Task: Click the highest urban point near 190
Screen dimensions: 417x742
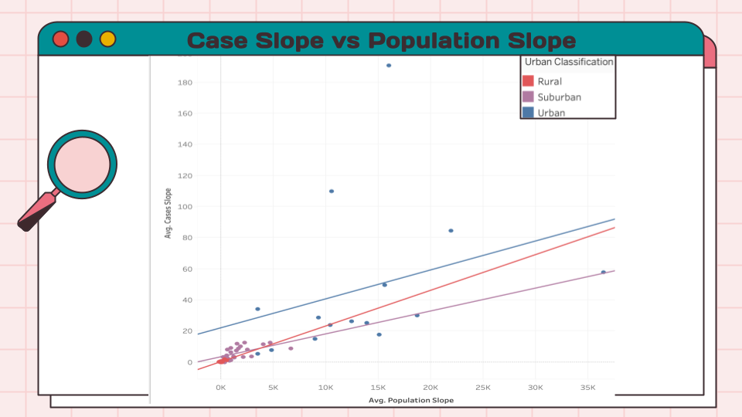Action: coord(389,66)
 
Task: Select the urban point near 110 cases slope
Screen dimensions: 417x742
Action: coord(332,192)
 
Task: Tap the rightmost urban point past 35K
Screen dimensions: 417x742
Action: coord(604,273)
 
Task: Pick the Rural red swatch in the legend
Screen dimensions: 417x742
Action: coord(529,81)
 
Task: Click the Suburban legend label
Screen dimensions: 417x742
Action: coord(559,97)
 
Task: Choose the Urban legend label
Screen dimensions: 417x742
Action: coord(551,113)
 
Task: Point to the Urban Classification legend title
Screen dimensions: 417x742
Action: coord(568,62)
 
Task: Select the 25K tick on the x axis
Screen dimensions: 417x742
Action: coord(483,387)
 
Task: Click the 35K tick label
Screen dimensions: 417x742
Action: coord(588,387)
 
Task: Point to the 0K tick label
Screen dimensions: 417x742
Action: coord(221,387)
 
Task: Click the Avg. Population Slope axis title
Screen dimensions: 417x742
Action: coord(410,400)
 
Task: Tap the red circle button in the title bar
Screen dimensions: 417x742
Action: coord(61,39)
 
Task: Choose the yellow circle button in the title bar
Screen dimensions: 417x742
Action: coord(107,39)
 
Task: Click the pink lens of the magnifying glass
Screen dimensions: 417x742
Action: coord(82,164)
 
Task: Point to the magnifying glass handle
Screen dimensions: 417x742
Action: coord(36,211)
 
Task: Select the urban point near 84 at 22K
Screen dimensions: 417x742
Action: coord(451,231)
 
